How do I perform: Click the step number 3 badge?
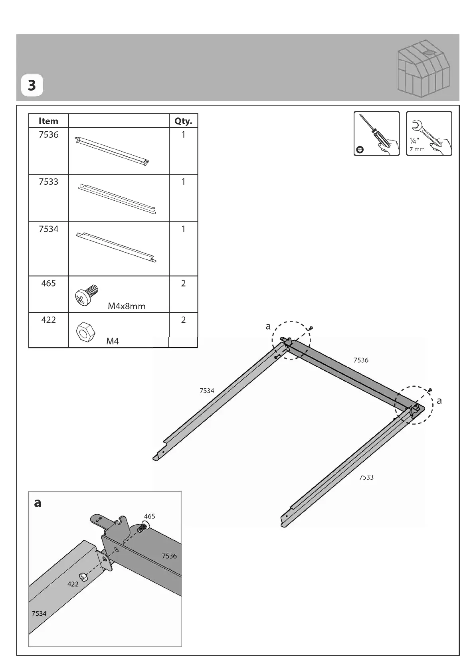coord(32,85)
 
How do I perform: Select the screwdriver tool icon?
coord(376,133)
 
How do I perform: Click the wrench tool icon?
coord(429,133)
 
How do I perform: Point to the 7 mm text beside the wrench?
coord(417,149)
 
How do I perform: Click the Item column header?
coord(48,121)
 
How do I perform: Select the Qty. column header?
coord(183,121)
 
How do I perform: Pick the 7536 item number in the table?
coord(48,135)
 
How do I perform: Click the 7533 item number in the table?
coord(48,182)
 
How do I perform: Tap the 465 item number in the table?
coord(48,283)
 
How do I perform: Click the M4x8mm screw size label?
coord(127,306)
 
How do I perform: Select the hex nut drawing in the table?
coord(85,331)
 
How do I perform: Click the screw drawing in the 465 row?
coord(86,296)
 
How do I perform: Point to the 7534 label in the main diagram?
coord(207,391)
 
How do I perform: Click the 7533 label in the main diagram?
coord(366,477)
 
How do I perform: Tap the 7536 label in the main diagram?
coord(361,360)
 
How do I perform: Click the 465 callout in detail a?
coord(149,516)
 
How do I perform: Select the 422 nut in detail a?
coord(83,577)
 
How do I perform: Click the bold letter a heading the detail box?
coord(38,502)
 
